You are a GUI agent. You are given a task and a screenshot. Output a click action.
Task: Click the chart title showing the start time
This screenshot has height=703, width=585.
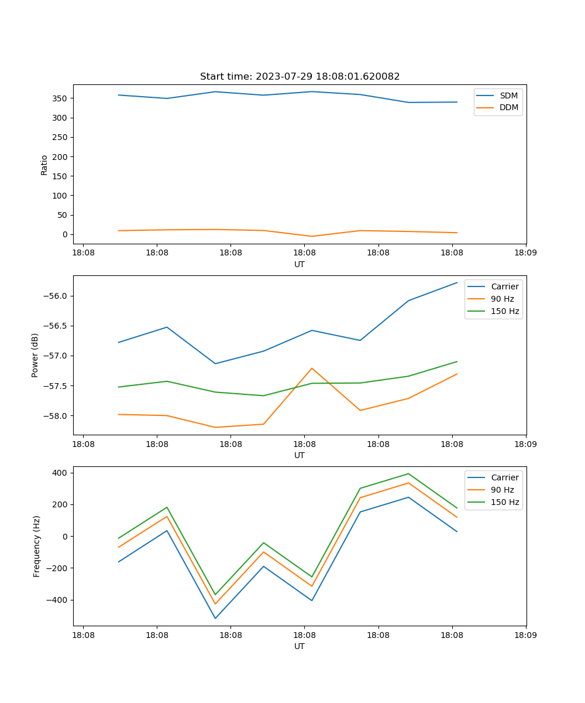coord(300,77)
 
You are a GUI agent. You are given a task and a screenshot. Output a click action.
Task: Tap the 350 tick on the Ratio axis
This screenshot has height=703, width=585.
coord(60,98)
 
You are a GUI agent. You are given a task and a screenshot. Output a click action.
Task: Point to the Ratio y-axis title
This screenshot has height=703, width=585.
coord(44,165)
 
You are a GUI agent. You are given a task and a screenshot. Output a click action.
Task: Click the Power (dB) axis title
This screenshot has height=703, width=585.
coord(35,355)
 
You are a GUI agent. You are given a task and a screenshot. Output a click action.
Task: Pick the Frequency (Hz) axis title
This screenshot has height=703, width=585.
coord(37,546)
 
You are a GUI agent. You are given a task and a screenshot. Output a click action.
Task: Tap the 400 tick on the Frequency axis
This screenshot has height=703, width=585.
coord(61,473)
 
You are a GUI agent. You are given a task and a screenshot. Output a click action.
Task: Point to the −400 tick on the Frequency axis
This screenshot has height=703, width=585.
coord(58,600)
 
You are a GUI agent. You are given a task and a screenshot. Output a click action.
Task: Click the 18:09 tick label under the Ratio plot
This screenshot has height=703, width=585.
coord(525,253)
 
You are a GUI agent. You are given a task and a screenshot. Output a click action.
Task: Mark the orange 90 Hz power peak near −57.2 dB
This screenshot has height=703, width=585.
coord(312,368)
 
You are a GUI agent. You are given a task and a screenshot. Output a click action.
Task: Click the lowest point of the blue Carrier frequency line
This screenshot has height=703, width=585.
coord(215,618)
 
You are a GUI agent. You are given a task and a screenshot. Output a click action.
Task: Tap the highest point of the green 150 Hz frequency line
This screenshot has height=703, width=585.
coord(408,474)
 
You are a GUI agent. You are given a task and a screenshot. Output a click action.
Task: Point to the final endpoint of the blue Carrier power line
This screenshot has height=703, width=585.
coord(457,282)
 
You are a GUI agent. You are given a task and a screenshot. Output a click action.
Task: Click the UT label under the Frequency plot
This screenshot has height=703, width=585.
coord(300,646)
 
